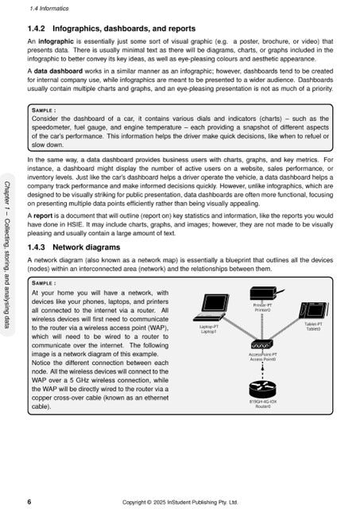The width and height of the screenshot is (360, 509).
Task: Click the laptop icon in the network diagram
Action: coord(213,306)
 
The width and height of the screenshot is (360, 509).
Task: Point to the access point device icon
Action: coord(261,346)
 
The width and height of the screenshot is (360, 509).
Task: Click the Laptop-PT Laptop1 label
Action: coord(211,328)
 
